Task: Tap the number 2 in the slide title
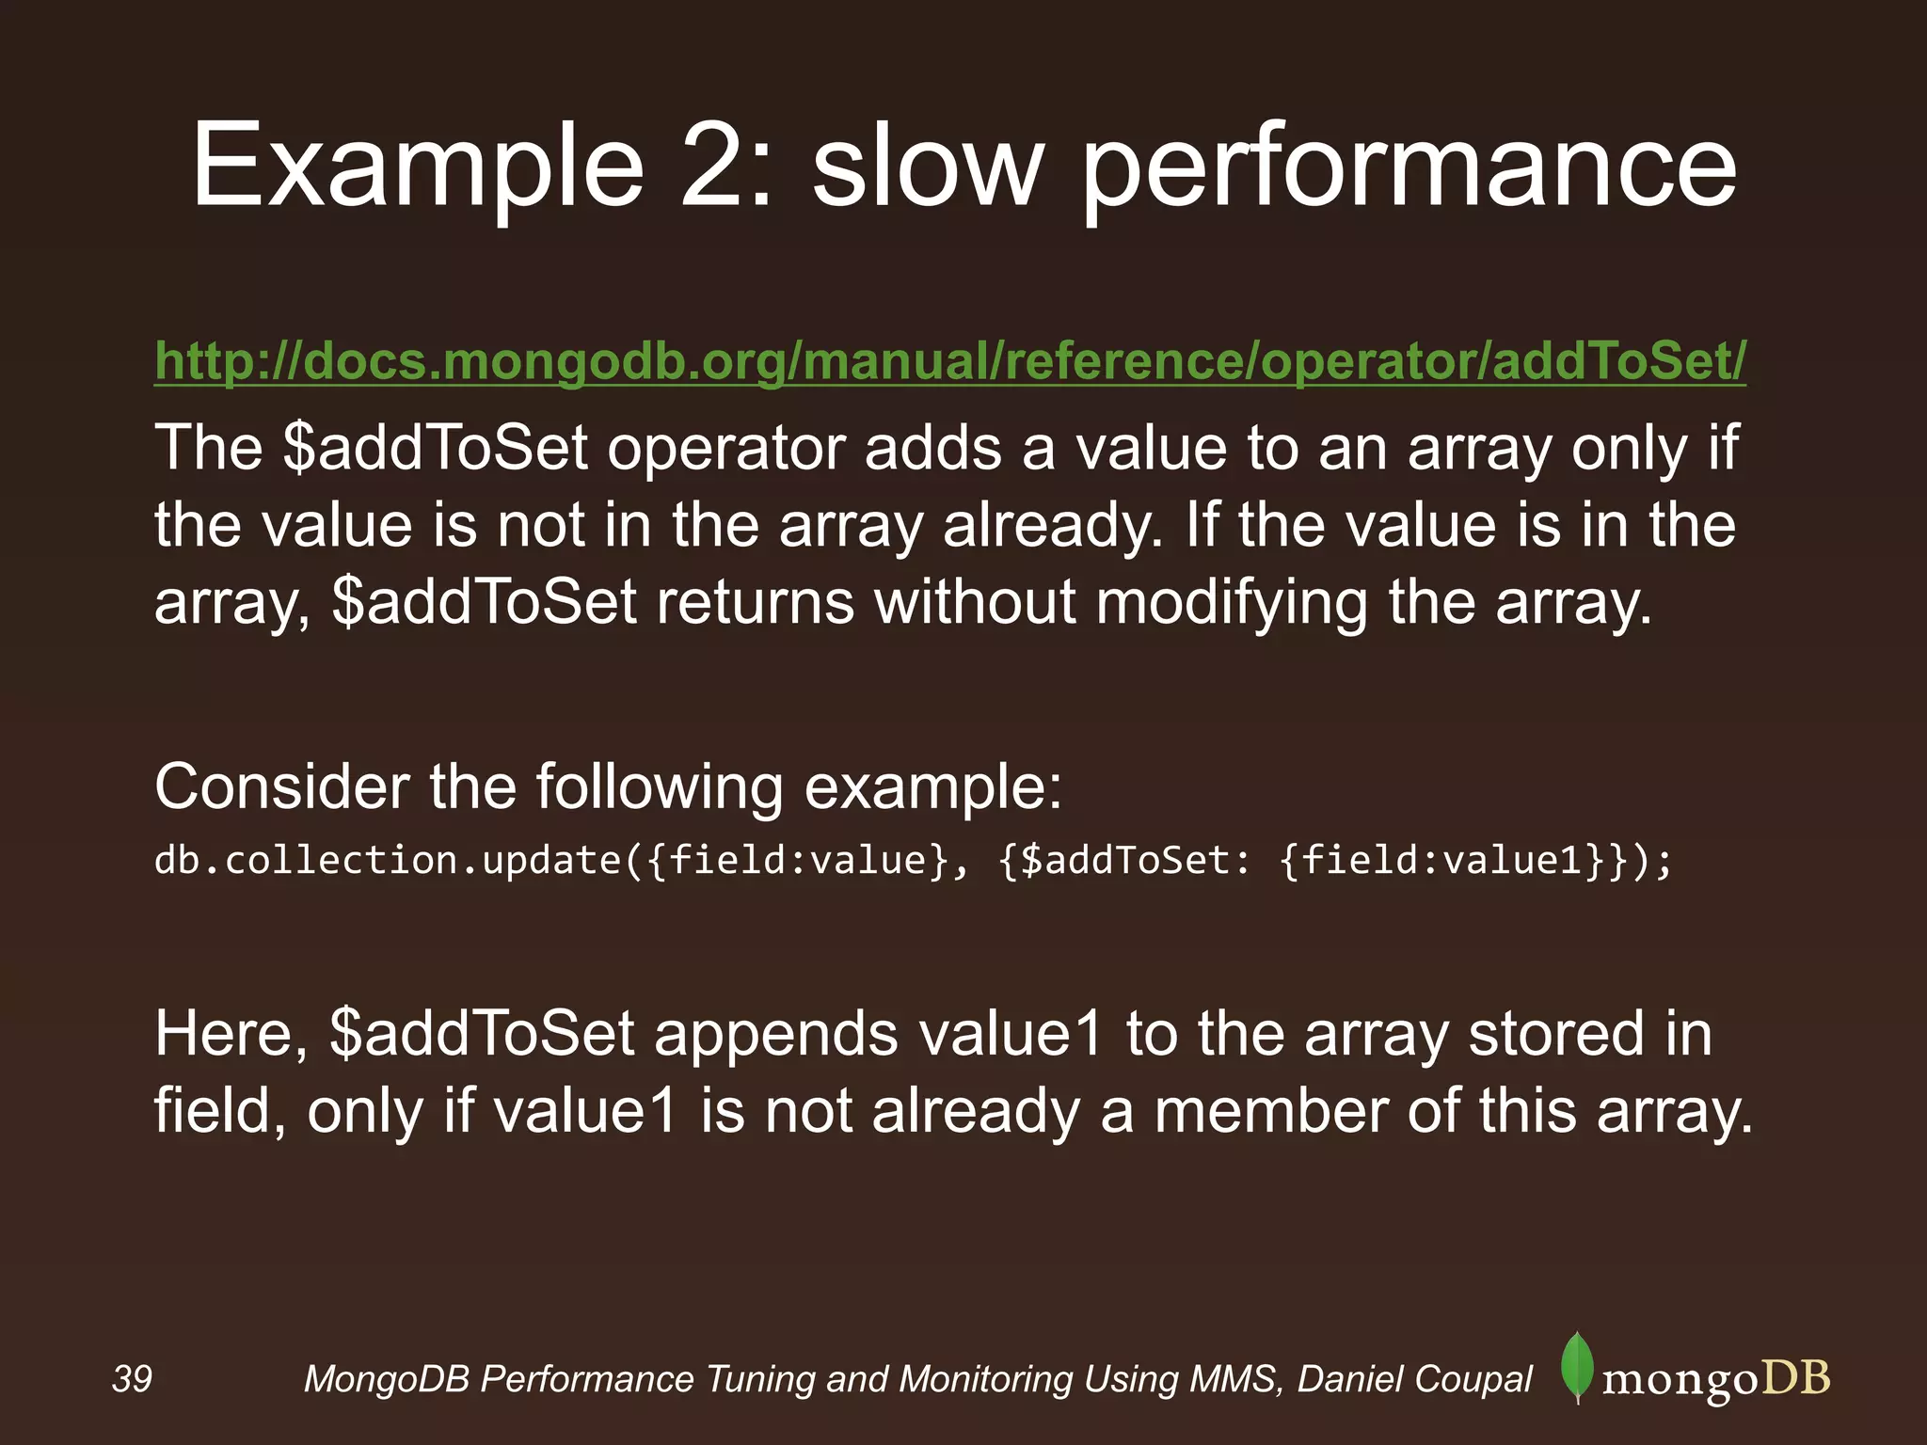point(715,167)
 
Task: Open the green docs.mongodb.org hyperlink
point(950,361)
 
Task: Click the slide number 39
point(132,1379)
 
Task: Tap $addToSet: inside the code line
point(1124,861)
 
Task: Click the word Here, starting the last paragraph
point(231,1034)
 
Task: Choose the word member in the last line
point(1270,1111)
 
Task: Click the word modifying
point(1232,602)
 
